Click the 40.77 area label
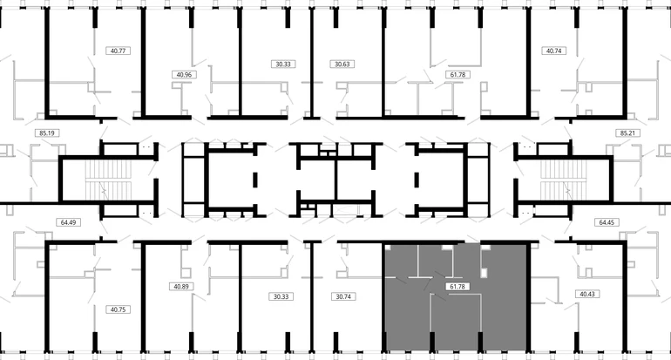coord(118,51)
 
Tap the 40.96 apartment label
coord(184,74)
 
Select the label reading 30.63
coord(342,65)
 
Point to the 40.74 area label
coord(553,51)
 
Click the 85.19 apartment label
coord(47,133)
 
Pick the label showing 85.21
coord(627,133)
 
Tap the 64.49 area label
coord(69,222)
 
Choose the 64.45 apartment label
coord(607,222)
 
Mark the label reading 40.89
coord(181,287)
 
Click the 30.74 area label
coord(343,296)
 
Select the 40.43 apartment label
coord(587,294)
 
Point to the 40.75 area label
coord(118,309)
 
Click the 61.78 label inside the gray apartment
coord(457,287)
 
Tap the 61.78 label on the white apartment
coord(457,74)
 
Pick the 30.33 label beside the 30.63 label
coord(283,65)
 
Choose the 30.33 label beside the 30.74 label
coord(281,296)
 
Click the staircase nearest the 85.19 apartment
coord(108,180)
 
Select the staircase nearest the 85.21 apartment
coord(563,180)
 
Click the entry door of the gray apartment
coord(471,240)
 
